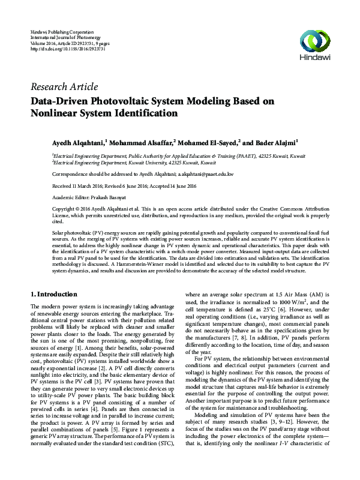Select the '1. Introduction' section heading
click(x=53, y=295)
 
